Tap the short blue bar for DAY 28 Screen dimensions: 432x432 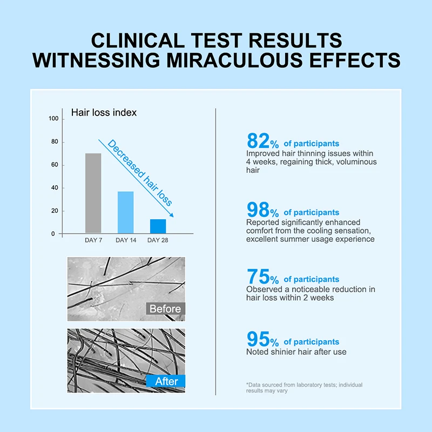[158, 226]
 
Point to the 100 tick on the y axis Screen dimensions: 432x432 [53, 119]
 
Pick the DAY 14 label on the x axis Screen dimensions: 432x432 [125, 240]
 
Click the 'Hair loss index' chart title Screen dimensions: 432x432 [104, 112]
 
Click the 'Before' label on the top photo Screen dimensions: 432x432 [165, 309]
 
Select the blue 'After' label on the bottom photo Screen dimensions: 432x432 [166, 381]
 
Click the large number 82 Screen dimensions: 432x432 [258, 141]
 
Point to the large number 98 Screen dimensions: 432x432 [258, 210]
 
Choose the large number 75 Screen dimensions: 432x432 [258, 276]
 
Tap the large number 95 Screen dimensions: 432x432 [258, 339]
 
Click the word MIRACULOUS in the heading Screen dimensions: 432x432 [245, 59]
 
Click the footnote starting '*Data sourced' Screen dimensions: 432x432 [304, 388]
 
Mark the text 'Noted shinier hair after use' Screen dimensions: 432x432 [296, 352]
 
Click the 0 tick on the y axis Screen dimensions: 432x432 [53, 234]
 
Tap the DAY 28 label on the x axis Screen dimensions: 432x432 [158, 240]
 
